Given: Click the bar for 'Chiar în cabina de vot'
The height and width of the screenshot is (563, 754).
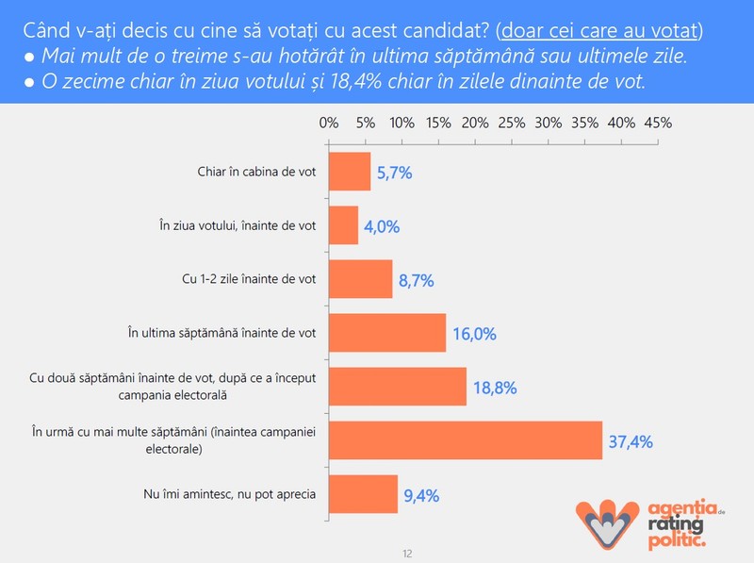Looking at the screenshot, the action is click(x=350, y=172).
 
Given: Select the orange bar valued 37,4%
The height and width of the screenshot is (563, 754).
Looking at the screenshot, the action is click(x=466, y=440).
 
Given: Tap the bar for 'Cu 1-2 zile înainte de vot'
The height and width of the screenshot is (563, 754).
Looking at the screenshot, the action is click(x=361, y=279).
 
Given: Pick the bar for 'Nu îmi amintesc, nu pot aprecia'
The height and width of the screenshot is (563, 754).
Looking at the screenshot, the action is click(x=364, y=494).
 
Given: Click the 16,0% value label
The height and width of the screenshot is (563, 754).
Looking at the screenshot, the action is click(x=475, y=334).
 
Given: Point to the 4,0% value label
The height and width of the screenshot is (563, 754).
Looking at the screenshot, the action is click(x=382, y=226).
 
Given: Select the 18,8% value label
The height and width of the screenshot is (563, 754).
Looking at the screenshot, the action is click(x=496, y=388).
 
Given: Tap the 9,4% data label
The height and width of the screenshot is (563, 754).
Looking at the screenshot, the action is click(x=421, y=496).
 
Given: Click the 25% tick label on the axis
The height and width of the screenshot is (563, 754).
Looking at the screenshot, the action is click(x=512, y=124).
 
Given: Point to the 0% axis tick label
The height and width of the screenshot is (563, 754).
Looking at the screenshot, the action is click(x=329, y=124).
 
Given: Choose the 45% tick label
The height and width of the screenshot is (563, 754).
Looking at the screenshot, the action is click(x=658, y=124).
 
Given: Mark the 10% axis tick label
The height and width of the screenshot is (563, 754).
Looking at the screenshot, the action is click(x=402, y=124).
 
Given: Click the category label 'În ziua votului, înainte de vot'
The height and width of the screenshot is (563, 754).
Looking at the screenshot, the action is click(x=238, y=225).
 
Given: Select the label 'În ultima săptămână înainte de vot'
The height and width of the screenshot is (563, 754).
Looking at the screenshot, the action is click(x=221, y=333).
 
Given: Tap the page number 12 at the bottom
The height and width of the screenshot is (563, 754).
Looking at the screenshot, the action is click(x=407, y=554).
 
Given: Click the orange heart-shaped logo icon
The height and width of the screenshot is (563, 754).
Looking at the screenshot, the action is click(x=607, y=523).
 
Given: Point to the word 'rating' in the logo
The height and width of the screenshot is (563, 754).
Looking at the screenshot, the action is click(x=675, y=523).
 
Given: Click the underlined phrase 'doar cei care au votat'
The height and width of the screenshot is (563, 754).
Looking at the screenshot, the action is click(x=599, y=31).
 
